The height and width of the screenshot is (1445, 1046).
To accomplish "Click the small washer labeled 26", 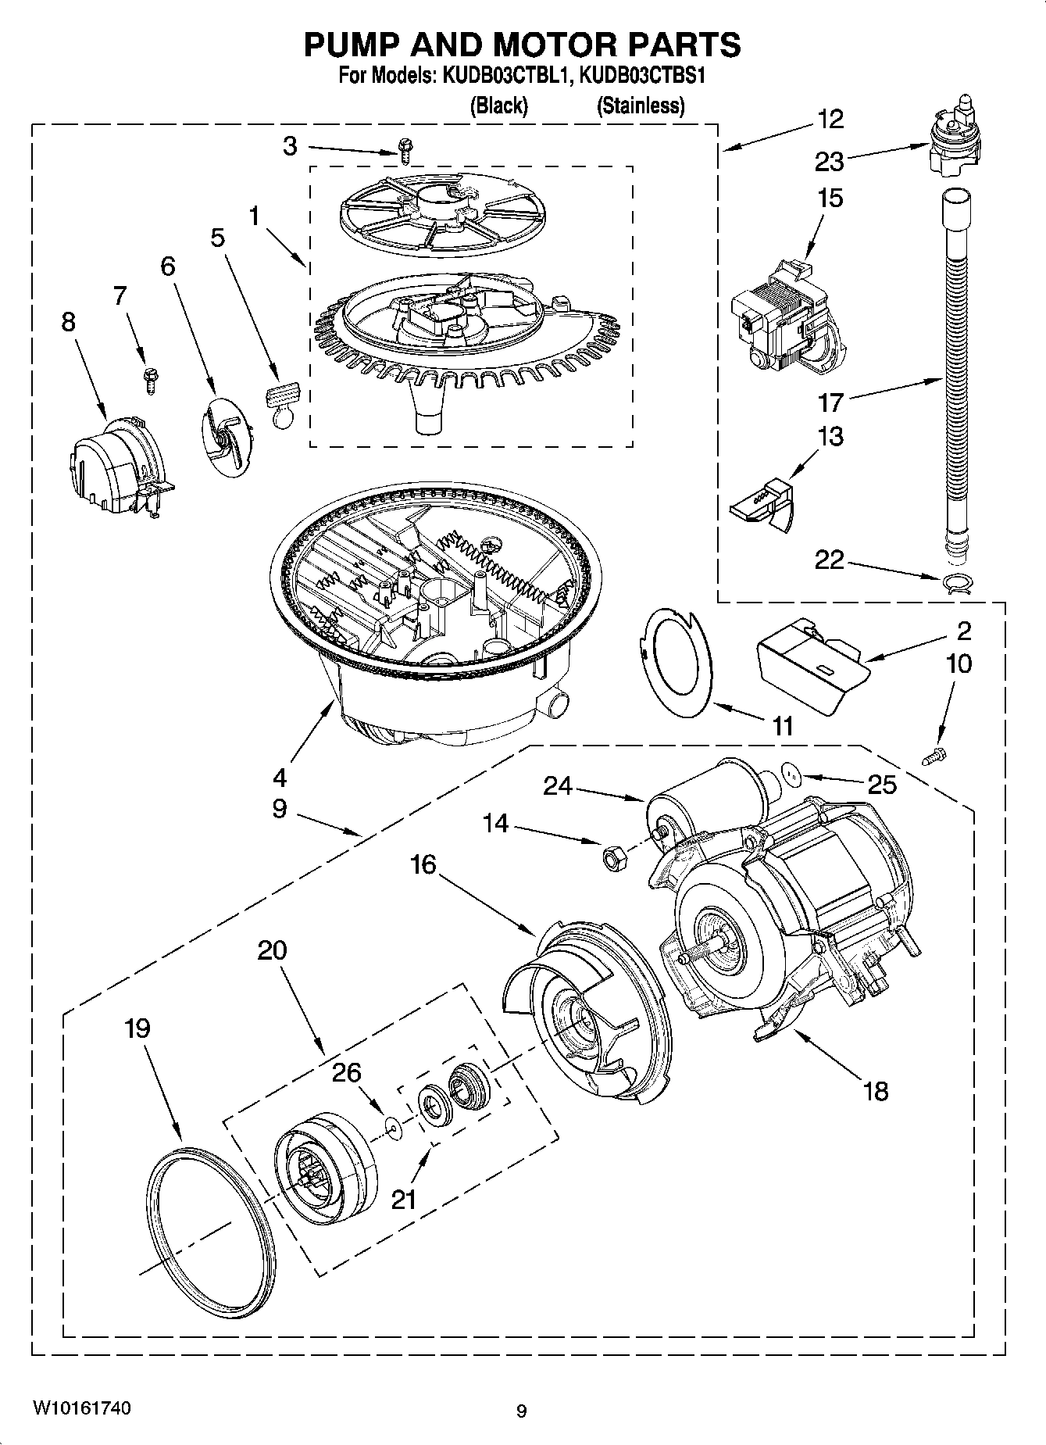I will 393,1127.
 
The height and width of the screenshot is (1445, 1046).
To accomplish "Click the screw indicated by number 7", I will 148,379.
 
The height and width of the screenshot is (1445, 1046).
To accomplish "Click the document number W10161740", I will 81,1409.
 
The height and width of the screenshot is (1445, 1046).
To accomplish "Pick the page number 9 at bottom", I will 521,1411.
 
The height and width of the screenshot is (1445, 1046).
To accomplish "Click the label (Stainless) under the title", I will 641,106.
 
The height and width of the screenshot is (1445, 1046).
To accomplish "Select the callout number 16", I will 423,865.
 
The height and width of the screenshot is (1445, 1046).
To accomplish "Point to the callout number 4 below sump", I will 279,777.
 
